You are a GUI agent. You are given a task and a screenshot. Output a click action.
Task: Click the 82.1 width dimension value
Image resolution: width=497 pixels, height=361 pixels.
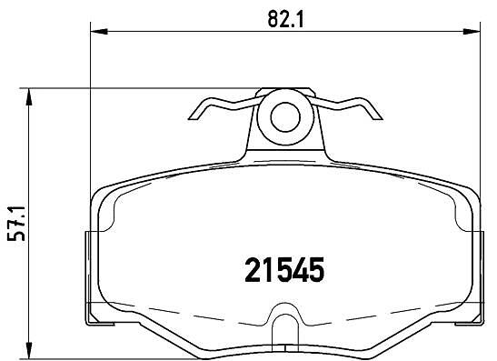click(x=285, y=19)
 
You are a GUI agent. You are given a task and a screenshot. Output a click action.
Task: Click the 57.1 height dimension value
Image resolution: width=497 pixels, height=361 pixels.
click(x=15, y=223)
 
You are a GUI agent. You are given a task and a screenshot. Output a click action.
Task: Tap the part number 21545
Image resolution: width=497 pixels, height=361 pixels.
click(x=284, y=270)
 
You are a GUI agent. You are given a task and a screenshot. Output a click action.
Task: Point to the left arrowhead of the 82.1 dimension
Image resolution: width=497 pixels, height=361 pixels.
click(x=99, y=32)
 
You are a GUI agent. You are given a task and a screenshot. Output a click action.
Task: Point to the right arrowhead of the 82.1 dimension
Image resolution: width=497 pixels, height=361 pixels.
click(x=472, y=32)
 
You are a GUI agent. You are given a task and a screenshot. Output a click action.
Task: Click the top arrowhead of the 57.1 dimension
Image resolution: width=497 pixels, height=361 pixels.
click(x=29, y=96)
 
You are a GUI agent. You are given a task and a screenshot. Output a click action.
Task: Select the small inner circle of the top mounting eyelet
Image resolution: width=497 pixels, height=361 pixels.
click(x=285, y=116)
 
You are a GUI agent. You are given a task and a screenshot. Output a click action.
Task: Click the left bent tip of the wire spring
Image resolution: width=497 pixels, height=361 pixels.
click(x=193, y=117)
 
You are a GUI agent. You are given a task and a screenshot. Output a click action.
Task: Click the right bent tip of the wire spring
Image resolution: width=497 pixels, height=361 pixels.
click(x=378, y=117)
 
